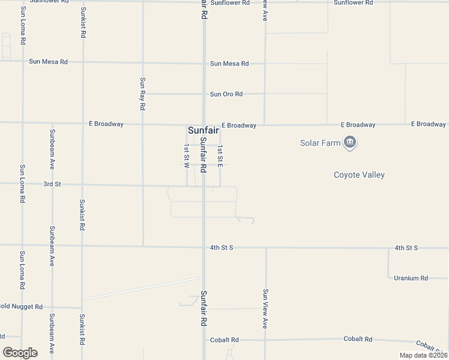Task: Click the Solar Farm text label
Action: pos(320,143)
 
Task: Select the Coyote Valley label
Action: pos(359,175)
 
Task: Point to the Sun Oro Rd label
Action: pos(226,94)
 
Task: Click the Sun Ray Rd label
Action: pos(142,94)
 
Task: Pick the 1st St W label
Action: pos(187,155)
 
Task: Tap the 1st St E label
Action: pos(220,155)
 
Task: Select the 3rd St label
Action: pos(52,184)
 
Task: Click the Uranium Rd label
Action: pos(411,278)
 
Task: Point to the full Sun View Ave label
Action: pos(265,309)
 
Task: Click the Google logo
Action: pos(20,353)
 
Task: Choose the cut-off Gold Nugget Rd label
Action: pos(21,307)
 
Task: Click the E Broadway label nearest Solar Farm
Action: pos(358,125)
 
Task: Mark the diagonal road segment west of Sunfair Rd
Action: pos(142,288)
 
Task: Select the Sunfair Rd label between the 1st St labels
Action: pos(204,155)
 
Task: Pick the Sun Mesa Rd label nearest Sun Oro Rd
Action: pos(229,64)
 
